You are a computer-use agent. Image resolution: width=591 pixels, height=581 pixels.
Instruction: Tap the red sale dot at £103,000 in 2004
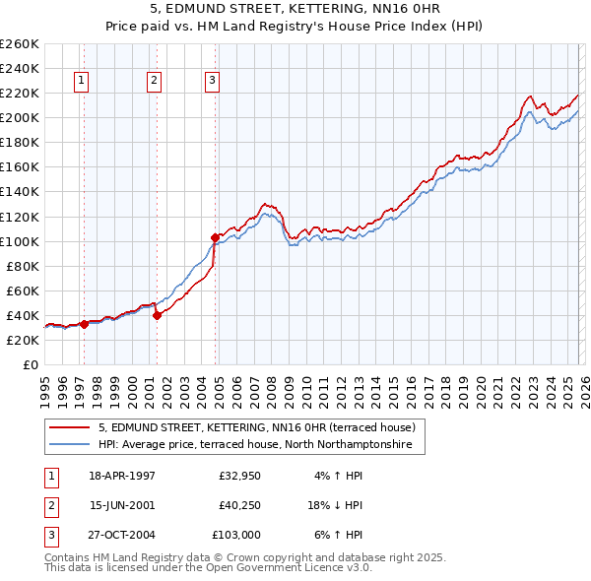pyautogui.click(x=215, y=237)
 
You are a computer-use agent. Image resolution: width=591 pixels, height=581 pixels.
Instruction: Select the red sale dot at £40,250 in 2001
pyautogui.click(x=157, y=315)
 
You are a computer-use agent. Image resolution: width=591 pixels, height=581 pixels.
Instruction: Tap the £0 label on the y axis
pyautogui.click(x=29, y=364)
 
